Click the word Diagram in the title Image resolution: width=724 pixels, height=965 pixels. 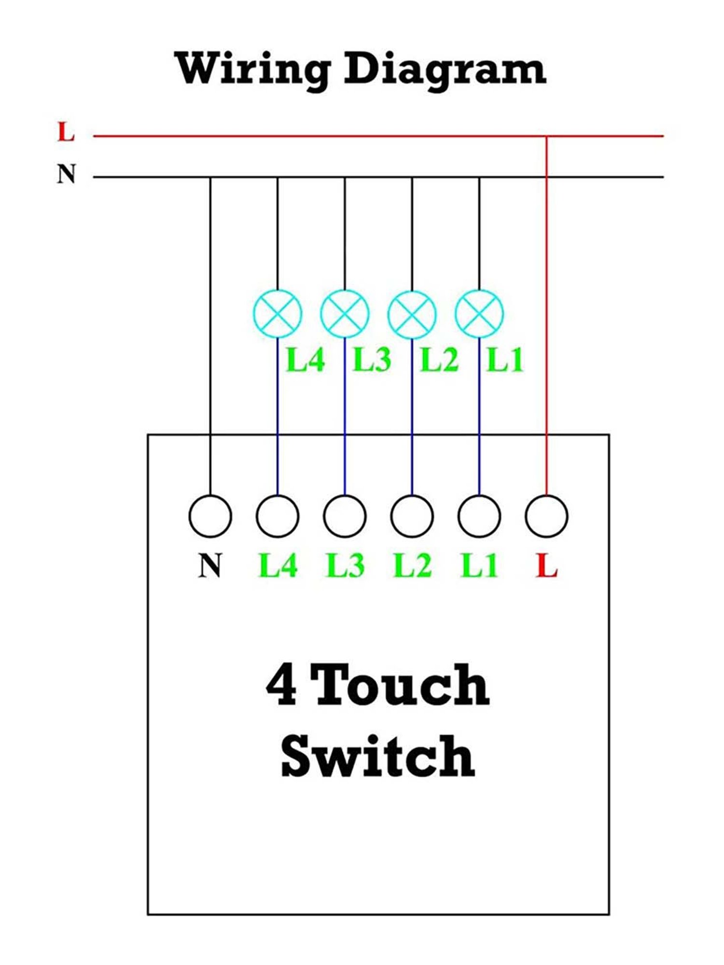[445, 70]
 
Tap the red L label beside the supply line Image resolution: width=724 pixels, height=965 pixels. [66, 132]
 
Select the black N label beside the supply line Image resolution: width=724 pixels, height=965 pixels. [67, 174]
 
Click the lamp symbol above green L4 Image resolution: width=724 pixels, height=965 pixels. [278, 314]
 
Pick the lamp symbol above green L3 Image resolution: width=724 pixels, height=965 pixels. [345, 314]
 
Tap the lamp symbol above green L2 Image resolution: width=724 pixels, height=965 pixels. [412, 314]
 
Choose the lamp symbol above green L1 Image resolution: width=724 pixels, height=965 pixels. [479, 314]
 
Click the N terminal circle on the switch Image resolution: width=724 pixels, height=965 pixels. [210, 516]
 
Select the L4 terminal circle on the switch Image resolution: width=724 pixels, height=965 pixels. [278, 516]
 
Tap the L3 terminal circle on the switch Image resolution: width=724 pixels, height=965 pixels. [345, 516]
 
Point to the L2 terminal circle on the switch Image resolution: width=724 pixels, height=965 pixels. [412, 516]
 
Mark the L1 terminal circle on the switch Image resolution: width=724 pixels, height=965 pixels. [479, 516]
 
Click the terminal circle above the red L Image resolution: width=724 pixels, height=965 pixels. [546, 516]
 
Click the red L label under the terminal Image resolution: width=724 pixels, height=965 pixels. [547, 565]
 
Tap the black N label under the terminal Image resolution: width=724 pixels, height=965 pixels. [210, 565]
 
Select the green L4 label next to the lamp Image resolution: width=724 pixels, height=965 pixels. [305, 360]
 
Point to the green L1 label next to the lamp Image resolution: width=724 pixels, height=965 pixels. [505, 360]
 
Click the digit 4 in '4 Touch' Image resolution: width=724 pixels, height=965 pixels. [281, 685]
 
